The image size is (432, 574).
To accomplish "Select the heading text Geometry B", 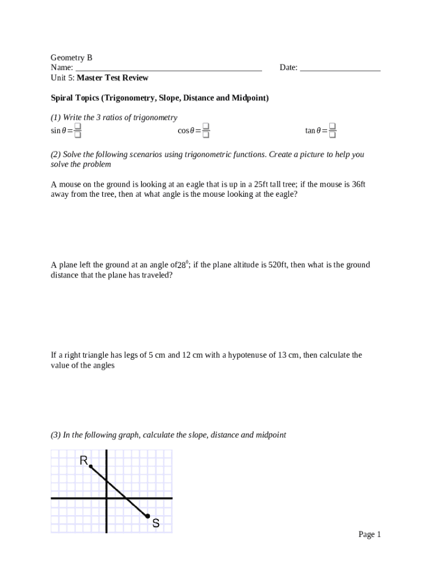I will coord(71,58).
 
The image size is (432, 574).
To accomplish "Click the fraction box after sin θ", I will coord(78,131).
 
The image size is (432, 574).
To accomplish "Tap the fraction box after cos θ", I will coord(206,131).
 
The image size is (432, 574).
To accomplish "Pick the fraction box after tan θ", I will coord(333,131).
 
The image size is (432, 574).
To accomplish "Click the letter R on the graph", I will coord(84,461).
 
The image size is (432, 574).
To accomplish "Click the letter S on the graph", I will coord(155,524).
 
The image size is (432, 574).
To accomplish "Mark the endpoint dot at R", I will coord(91,466).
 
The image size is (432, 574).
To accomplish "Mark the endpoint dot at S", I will coord(148,516).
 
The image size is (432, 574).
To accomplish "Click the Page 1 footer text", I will coord(370,534).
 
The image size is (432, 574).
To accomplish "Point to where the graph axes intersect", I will coord(106,498).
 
